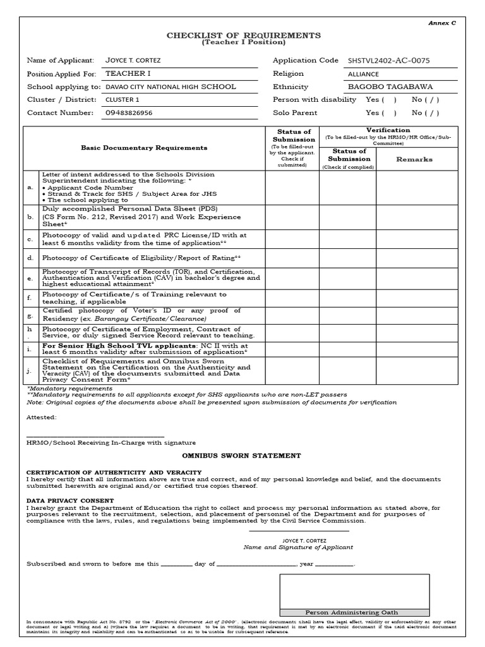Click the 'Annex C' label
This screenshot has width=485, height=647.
tap(442, 23)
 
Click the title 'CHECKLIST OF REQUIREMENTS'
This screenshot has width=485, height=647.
tap(243, 35)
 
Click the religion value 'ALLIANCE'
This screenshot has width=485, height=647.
tap(364, 74)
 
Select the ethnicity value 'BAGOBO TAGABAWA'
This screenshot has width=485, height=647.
tap(383, 87)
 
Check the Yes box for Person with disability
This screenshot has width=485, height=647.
tap(390, 100)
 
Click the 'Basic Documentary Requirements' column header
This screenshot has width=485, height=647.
tap(143, 148)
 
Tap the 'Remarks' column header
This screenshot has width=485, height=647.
tap(414, 160)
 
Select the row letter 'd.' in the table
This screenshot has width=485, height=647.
tap(30, 258)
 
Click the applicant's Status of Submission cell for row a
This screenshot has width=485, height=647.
tap(292, 187)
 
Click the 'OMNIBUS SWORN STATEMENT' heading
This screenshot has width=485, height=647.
tap(242, 456)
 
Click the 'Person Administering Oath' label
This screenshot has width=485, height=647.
tap(354, 612)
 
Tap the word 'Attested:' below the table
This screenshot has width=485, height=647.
tap(41, 417)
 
